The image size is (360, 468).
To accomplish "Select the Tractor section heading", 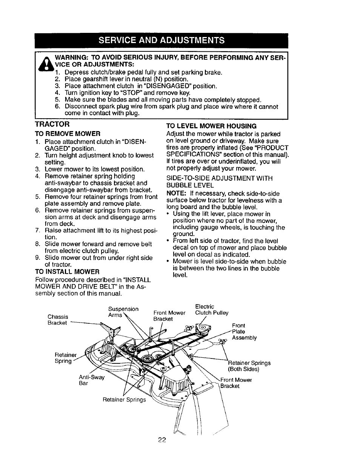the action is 52,124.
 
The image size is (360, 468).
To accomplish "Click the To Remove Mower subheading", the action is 68,133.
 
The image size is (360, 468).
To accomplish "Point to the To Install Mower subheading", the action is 67,272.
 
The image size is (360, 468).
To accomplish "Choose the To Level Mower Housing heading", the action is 211,126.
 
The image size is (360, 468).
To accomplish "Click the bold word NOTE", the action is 175,193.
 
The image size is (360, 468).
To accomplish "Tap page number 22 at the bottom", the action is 163,440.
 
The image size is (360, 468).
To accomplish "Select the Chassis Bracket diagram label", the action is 58,320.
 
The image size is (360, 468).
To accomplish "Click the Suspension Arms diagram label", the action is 123,312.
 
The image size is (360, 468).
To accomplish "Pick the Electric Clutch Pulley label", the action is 212,310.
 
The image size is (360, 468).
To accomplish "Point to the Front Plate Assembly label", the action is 244,331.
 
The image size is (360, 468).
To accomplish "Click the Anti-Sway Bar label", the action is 91,380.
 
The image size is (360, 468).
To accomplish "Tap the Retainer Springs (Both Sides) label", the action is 249,366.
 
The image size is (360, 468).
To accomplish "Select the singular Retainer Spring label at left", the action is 65,358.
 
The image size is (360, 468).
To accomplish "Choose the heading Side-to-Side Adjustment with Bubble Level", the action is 219,182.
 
